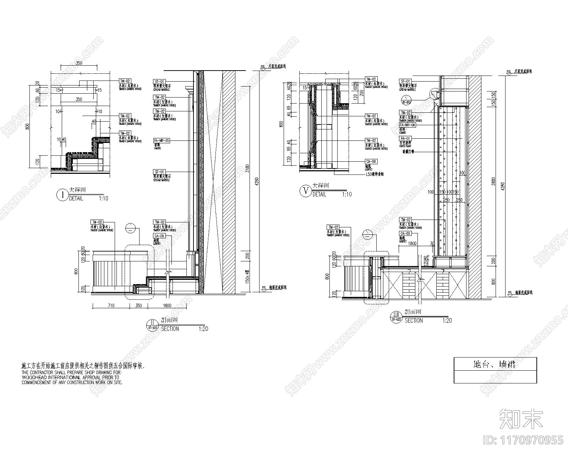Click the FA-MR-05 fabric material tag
pos(162,140)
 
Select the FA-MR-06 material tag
pos(407,125)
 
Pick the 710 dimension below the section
pos(111,305)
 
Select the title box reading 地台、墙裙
pos(495,364)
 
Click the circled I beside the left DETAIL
pos(62,195)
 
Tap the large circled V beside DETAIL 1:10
pos(305,191)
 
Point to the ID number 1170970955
pos(524,440)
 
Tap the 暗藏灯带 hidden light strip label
pos(408,151)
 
